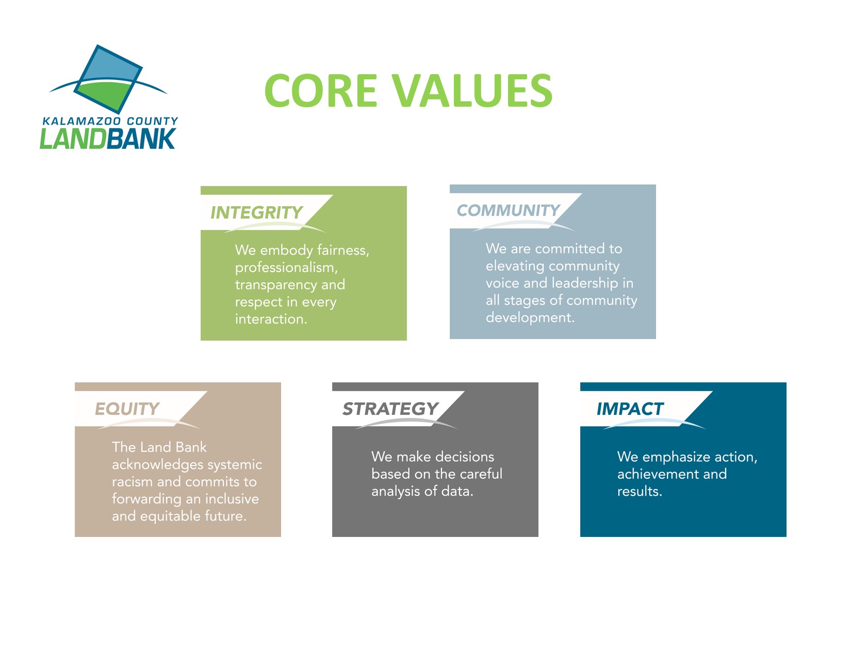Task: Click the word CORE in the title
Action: tap(321, 90)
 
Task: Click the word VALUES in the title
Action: tap(472, 90)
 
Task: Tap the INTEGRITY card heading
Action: tap(256, 212)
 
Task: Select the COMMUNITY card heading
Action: tap(509, 210)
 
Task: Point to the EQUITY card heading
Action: tap(127, 409)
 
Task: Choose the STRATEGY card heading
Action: tap(390, 409)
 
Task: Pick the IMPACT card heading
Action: tap(630, 409)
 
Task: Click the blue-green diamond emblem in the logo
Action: tap(108, 79)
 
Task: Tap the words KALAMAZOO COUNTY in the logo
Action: tap(110, 121)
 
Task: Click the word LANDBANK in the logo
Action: tap(107, 139)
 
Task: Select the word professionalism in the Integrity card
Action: tap(286, 268)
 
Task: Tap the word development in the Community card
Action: tap(530, 318)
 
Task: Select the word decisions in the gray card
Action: tap(465, 457)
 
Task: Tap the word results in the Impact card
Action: tap(640, 492)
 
